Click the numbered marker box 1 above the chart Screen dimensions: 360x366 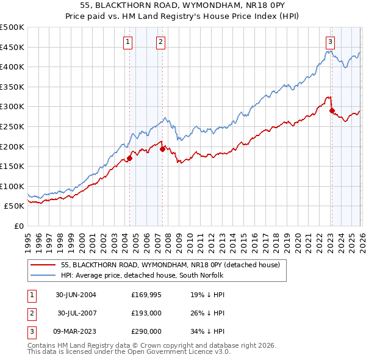(128, 42)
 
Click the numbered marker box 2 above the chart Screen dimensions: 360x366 (160, 42)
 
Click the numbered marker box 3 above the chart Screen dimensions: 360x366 (329, 42)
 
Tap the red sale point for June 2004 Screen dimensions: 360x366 (129, 158)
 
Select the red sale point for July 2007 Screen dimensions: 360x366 (162, 149)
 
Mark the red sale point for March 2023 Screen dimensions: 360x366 (332, 110)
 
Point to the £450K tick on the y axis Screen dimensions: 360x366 (12, 47)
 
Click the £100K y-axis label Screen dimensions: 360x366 (12, 186)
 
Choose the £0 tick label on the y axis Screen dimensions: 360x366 (18, 226)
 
